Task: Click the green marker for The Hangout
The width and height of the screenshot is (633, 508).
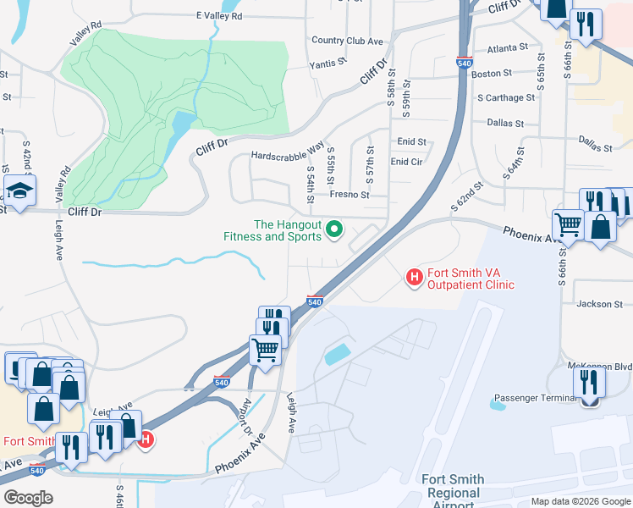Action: click(334, 229)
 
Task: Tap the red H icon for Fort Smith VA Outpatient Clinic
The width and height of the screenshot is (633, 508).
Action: click(415, 277)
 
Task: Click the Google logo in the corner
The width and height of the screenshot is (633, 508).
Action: click(27, 498)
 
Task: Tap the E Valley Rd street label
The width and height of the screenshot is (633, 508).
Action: click(218, 16)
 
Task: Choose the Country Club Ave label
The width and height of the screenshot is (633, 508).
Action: click(347, 41)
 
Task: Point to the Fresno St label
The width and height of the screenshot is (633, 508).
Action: click(350, 195)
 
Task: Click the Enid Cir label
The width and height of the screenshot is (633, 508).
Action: click(406, 162)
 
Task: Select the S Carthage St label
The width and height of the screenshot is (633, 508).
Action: click(506, 97)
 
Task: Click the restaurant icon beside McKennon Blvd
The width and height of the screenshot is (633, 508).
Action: click(589, 384)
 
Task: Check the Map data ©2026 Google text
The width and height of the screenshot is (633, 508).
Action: click(580, 501)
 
